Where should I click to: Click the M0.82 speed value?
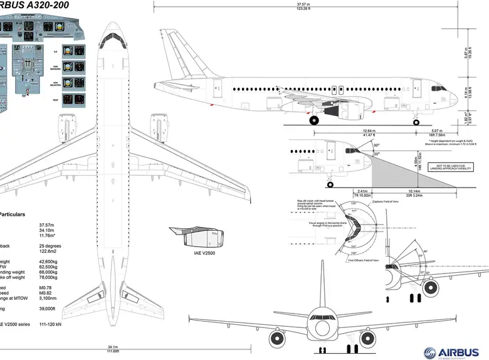tap(45, 292)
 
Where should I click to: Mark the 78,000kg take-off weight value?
tap(48, 277)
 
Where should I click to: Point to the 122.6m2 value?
tap(48, 251)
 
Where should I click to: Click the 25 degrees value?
tap(50, 245)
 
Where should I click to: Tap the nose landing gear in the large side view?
tap(417, 121)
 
